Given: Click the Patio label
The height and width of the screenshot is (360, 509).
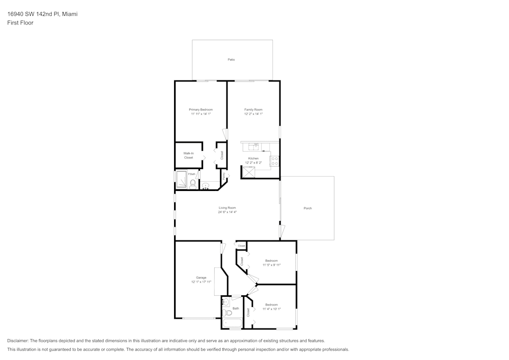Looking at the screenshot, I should point(231,60).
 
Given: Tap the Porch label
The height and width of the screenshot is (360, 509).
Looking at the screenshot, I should point(307,208).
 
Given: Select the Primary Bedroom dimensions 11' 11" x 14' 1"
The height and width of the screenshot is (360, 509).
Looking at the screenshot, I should point(201,114).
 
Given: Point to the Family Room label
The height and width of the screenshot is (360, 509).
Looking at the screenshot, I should point(253,109).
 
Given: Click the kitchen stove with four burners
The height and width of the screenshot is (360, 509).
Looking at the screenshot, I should point(275,161).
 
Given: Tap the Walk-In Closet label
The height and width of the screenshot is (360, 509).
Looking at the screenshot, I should point(188,155).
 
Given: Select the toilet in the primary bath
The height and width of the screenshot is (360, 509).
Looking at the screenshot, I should point(192,183).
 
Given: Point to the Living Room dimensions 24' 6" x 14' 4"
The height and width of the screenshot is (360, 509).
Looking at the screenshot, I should point(227,212).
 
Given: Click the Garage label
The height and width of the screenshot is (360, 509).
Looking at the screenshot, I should point(201,278).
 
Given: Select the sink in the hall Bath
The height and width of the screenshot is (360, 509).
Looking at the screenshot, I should point(226,302).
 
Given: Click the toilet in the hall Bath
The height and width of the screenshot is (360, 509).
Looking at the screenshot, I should point(227,312).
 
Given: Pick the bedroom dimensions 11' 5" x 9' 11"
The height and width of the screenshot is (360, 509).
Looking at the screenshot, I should point(271,265).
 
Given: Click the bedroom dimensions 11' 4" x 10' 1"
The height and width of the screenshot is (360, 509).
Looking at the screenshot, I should point(271,309).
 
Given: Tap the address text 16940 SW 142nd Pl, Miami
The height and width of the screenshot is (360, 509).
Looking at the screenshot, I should point(42,14).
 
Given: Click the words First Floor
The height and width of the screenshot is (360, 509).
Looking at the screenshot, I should point(20,23).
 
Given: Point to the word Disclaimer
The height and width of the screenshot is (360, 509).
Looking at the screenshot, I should point(18,341).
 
